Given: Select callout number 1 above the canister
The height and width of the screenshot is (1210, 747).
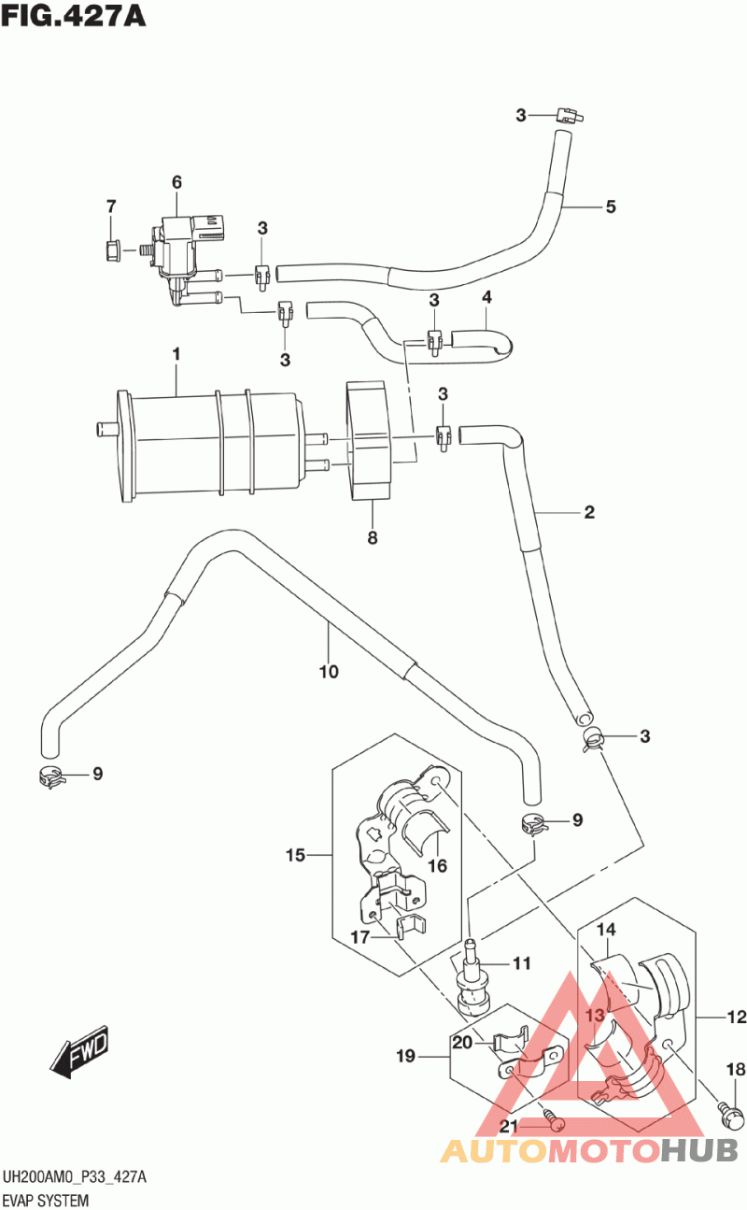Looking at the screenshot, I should (x=176, y=354).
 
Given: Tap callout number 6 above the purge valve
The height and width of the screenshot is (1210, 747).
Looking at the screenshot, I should (x=176, y=182).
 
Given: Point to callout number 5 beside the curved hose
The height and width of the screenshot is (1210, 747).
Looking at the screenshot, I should (x=610, y=206).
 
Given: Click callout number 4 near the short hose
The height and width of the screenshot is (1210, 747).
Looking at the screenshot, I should (x=486, y=297).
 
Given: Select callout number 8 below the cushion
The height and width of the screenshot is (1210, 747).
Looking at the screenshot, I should (x=372, y=537).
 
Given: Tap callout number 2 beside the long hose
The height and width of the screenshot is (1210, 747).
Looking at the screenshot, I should (x=589, y=512).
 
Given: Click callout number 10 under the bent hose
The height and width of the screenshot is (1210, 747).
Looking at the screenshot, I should (x=328, y=671).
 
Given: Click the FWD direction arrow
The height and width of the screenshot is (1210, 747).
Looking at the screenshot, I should (x=80, y=1051).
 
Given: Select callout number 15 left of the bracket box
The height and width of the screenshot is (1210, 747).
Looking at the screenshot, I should (x=295, y=855).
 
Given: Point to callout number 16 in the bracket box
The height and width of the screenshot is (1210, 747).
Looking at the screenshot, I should (x=437, y=865).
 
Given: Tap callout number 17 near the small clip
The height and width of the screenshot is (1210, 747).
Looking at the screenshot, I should (x=361, y=937).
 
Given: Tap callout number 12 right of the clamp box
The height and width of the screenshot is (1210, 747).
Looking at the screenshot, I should (x=738, y=1016).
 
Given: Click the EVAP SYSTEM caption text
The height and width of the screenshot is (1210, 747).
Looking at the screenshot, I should (x=46, y=1200).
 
